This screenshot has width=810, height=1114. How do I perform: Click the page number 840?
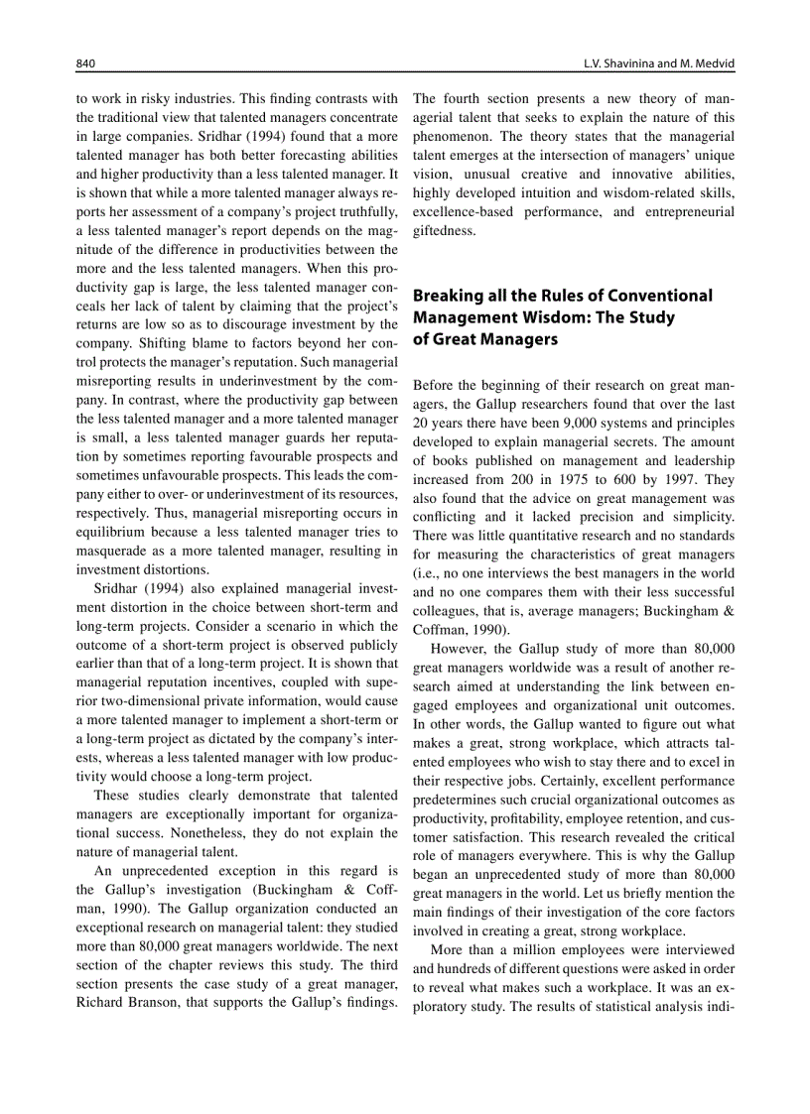[85, 63]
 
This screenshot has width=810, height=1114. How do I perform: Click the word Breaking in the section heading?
[447, 296]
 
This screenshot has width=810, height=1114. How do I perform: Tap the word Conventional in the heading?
[659, 296]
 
